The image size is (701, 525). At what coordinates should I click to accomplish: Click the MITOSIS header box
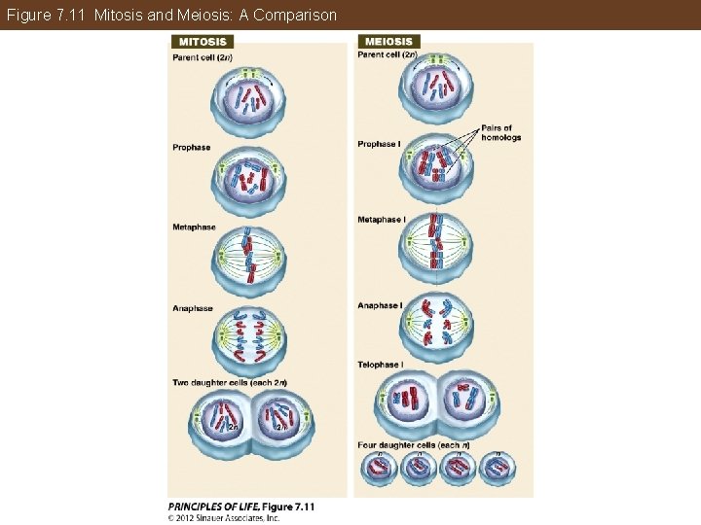[x=203, y=42]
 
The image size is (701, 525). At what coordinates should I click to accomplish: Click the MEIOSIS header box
[x=389, y=42]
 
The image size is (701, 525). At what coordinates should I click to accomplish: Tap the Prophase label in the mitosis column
[x=192, y=148]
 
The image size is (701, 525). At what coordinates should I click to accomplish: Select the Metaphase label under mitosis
[x=195, y=227]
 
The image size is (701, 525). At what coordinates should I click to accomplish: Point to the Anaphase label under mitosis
[x=193, y=309]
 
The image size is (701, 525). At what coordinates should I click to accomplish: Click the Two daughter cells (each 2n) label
[x=230, y=381]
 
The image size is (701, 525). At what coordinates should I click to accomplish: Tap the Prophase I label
[x=379, y=144]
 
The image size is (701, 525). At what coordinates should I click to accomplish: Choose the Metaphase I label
[x=382, y=220]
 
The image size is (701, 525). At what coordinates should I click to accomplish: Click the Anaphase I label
[x=380, y=305]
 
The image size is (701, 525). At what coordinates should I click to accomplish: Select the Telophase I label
[x=380, y=365]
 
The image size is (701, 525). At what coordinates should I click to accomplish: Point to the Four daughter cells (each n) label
[x=414, y=445]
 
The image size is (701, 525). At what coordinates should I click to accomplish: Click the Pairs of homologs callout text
[x=501, y=133]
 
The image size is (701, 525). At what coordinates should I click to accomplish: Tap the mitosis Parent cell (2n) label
[x=202, y=57]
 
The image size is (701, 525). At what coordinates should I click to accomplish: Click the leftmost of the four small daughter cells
[x=379, y=469]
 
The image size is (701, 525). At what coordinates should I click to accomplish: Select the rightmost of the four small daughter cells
[x=498, y=469]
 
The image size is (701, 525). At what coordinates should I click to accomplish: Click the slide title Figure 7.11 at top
[x=171, y=15]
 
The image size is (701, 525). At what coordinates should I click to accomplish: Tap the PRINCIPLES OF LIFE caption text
[x=241, y=507]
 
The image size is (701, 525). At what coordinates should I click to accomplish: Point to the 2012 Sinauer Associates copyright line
[x=225, y=517]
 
